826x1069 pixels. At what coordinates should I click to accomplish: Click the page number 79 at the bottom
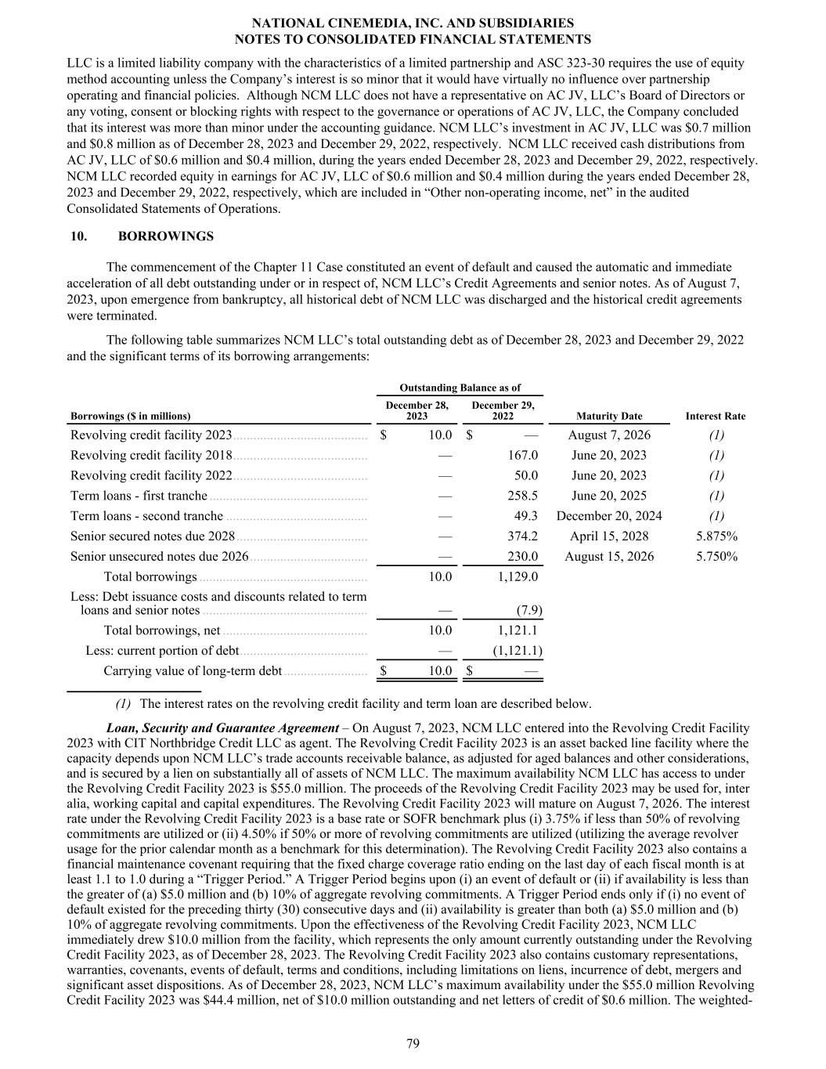(x=413, y=1043)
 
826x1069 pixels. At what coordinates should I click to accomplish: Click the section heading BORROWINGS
(x=165, y=236)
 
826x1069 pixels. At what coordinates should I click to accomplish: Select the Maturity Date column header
(x=608, y=417)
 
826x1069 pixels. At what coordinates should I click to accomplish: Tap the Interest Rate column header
(x=715, y=417)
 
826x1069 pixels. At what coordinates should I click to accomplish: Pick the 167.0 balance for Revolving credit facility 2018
(x=522, y=455)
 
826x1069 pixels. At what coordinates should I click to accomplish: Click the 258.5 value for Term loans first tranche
(x=522, y=496)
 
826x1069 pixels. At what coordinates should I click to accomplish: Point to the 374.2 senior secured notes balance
(x=522, y=536)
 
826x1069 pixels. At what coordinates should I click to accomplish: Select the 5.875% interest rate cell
(x=716, y=536)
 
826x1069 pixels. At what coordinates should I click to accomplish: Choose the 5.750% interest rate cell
(x=716, y=557)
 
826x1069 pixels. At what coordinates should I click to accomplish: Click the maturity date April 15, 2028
(x=608, y=536)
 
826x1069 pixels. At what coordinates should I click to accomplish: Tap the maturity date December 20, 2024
(x=608, y=516)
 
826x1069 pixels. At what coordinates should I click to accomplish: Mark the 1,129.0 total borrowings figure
(x=518, y=577)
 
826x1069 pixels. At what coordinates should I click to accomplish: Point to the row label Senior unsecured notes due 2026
(x=159, y=557)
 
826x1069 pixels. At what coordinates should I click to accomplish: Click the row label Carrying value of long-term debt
(x=192, y=671)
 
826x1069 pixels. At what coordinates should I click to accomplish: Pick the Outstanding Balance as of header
(x=460, y=388)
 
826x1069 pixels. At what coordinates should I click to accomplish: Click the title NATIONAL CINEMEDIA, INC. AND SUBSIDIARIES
(x=413, y=23)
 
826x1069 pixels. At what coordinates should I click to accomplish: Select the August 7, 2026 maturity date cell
(x=608, y=435)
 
